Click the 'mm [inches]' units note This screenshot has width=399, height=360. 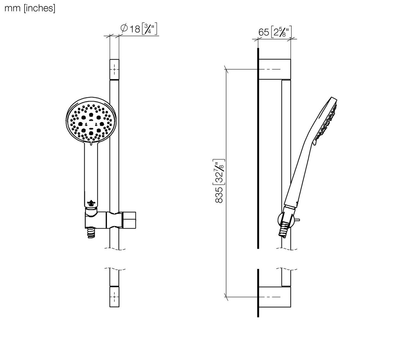tap(30, 8)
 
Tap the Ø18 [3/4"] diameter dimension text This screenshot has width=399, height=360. tap(139, 29)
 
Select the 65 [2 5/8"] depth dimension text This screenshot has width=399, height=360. tap(275, 32)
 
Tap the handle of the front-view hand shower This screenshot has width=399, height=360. tap(91, 176)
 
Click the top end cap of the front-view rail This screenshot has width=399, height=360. tap(114, 70)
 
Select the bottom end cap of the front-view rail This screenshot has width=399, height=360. tap(114, 297)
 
